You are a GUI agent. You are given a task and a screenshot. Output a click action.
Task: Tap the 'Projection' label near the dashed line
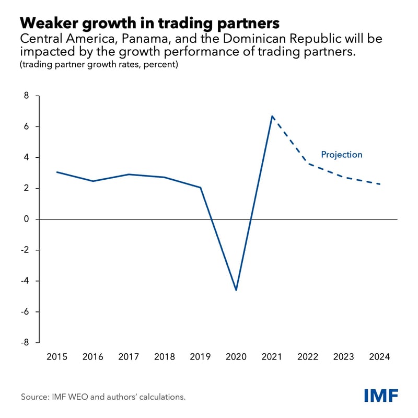[341, 155]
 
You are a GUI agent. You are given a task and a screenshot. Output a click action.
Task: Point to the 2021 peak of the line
[272, 116]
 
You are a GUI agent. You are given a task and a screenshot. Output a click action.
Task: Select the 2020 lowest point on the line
[236, 290]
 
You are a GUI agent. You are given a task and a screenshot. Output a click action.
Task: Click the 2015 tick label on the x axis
[56, 357]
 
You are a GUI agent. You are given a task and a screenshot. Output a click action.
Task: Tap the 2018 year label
[165, 357]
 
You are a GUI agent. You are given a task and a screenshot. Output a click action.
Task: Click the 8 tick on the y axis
[25, 96]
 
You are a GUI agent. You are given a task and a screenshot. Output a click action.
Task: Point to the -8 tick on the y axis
[24, 343]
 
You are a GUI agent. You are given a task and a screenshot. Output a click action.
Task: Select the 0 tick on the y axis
[25, 219]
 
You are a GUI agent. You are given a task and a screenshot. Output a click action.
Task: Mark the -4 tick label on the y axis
[24, 281]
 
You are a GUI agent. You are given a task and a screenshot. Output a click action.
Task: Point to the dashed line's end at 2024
[380, 184]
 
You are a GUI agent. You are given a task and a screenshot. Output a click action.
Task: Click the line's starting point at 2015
[56, 172]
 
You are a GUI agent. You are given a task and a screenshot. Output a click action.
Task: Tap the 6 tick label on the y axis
[25, 127]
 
